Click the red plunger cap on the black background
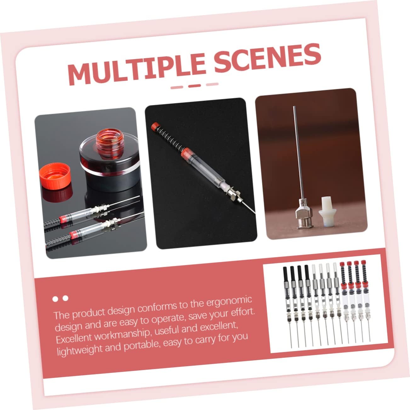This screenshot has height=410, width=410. point(155,126)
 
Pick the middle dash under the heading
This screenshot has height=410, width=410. point(195,86)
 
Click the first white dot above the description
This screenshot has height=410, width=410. point(55,299)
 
